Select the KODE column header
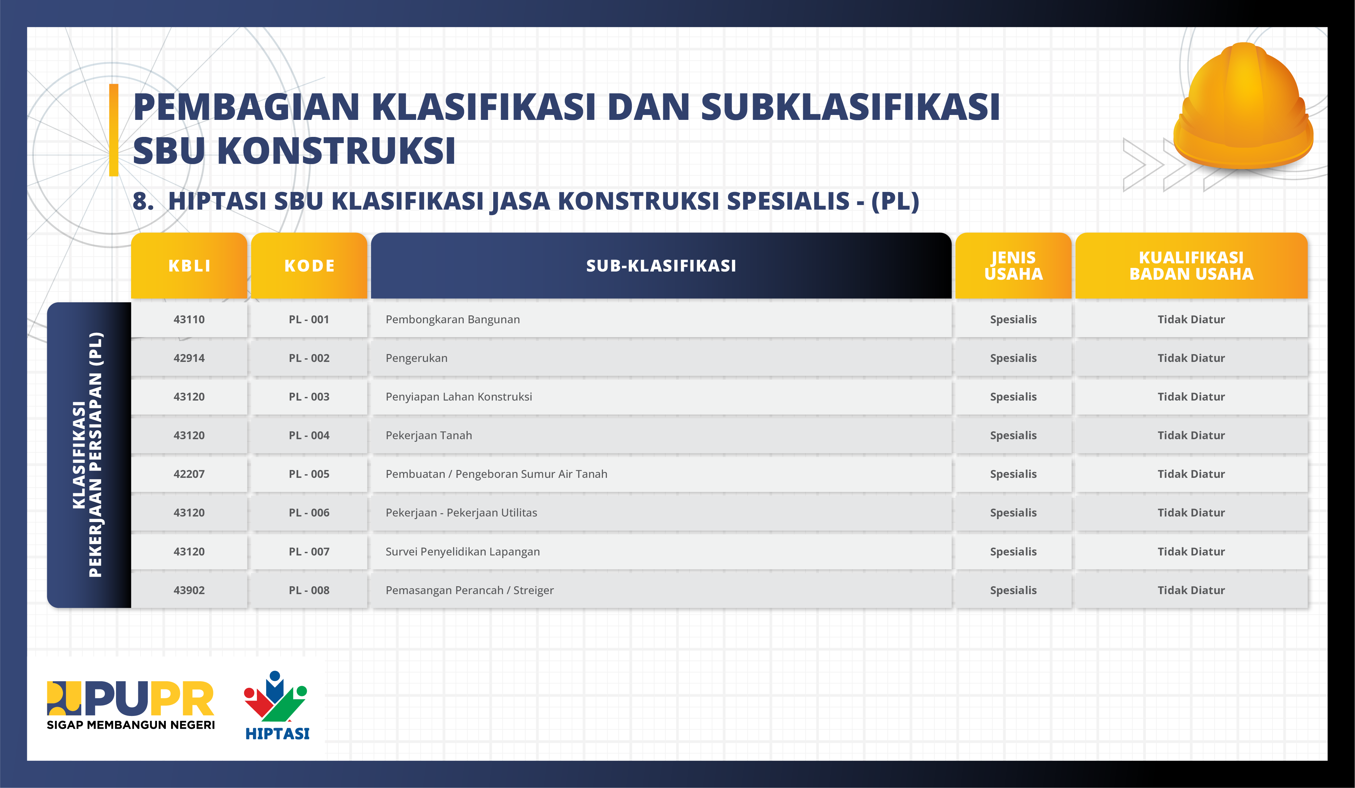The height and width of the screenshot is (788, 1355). (309, 266)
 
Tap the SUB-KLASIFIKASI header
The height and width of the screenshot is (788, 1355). (661, 266)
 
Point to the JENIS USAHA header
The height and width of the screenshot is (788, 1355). (1013, 266)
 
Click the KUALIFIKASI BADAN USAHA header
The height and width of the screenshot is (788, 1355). (1191, 266)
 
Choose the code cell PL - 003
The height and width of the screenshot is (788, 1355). (309, 397)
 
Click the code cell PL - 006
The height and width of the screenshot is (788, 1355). (309, 513)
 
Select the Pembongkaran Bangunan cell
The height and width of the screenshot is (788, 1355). (453, 319)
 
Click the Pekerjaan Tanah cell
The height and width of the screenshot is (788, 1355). (429, 435)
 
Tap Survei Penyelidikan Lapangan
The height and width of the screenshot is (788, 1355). (462, 552)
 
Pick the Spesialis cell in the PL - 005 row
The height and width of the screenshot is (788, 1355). (1013, 474)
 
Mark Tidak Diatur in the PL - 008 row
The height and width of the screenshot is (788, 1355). (1191, 590)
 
